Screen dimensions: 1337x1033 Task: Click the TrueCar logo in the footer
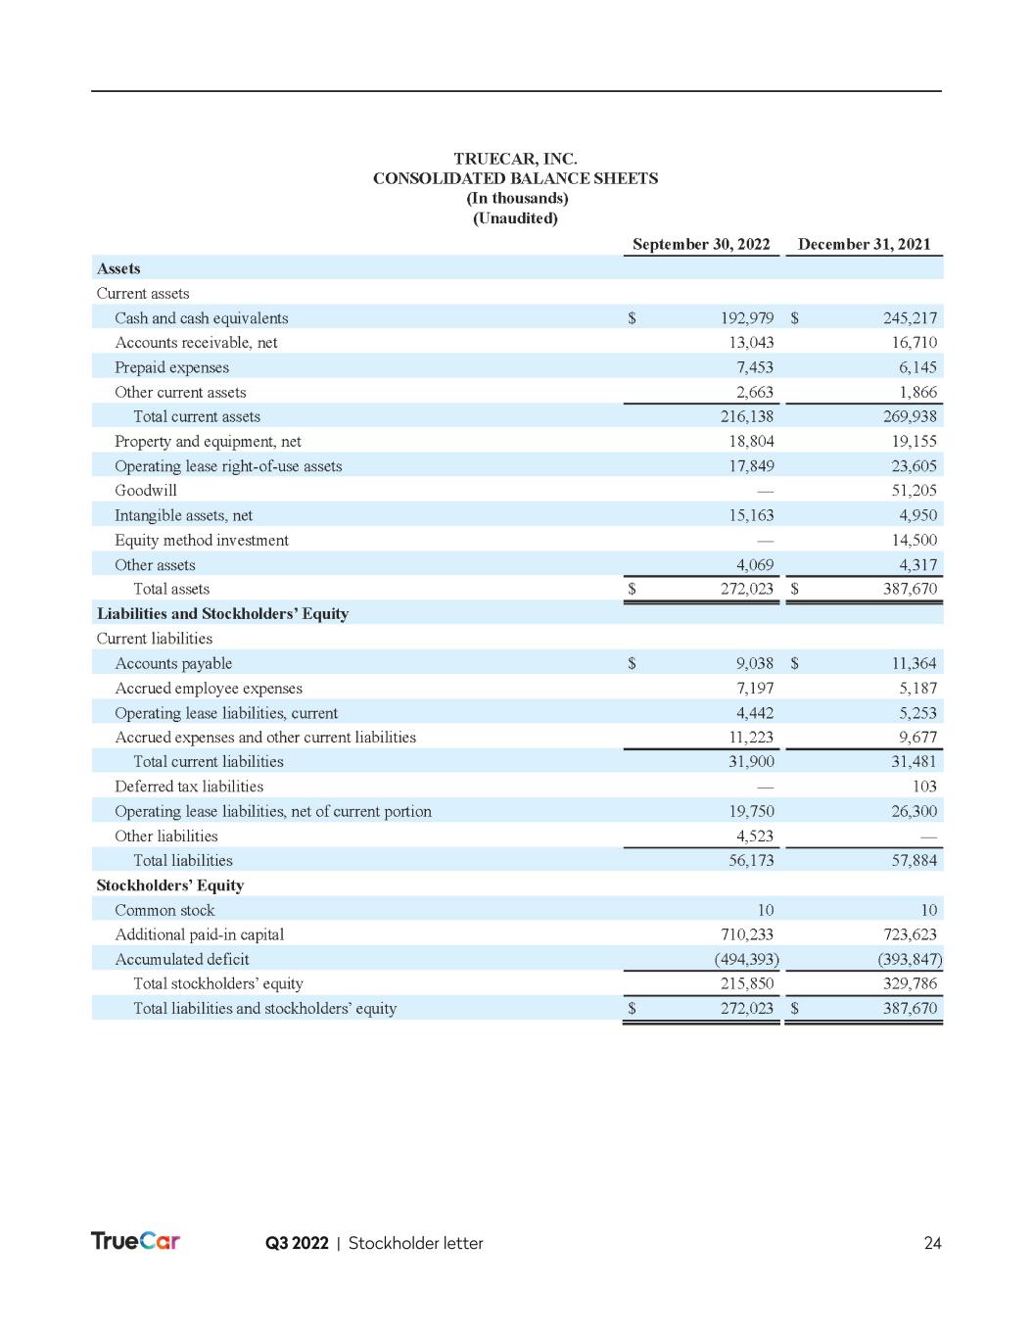click(135, 1241)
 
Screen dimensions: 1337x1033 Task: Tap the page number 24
click(932, 1243)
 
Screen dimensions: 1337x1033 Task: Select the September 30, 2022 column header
click(701, 244)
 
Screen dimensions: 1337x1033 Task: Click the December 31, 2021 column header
click(864, 244)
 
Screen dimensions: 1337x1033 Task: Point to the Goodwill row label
click(146, 491)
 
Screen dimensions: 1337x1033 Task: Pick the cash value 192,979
click(747, 318)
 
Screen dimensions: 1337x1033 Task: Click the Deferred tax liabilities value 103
click(923, 787)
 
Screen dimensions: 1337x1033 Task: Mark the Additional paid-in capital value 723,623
click(910, 934)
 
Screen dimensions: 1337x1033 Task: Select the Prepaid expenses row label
click(171, 367)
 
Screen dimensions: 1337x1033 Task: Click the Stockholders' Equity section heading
click(169, 885)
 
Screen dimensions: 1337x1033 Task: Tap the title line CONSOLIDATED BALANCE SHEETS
click(515, 178)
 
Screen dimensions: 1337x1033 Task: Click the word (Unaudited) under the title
click(515, 218)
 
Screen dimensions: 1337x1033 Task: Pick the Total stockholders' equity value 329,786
click(910, 983)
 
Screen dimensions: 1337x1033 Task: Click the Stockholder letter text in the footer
click(415, 1243)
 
